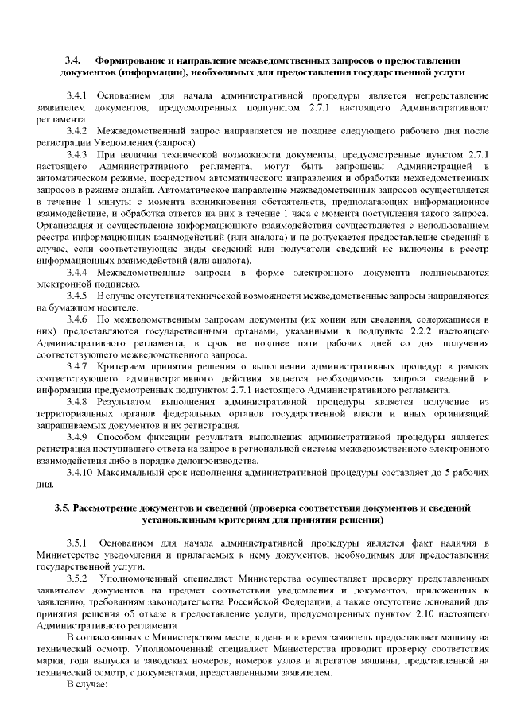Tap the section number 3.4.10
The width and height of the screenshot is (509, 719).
(x=84, y=474)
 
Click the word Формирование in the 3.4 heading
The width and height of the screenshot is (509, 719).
(x=131, y=60)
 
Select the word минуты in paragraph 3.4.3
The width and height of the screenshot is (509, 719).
(x=115, y=202)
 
